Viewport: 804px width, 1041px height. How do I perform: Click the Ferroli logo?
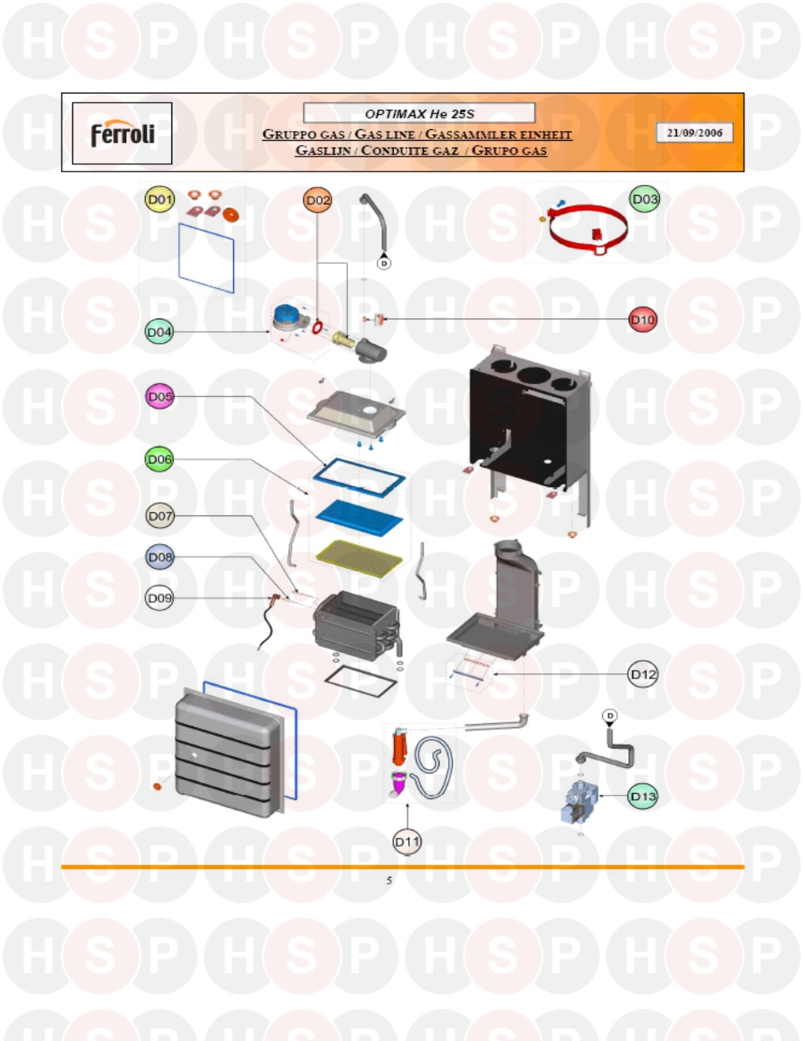click(x=122, y=134)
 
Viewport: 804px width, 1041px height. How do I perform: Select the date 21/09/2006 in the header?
click(x=694, y=132)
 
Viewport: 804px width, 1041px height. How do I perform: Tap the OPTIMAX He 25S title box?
click(x=419, y=114)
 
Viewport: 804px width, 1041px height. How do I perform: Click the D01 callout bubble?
click(x=159, y=200)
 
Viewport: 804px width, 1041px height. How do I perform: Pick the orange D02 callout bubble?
click(x=317, y=200)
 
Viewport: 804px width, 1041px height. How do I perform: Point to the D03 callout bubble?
click(x=644, y=199)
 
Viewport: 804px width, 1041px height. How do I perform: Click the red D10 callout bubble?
click(x=643, y=320)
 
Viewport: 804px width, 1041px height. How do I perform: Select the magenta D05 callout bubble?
click(x=160, y=397)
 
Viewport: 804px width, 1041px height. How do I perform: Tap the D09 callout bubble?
click(x=160, y=597)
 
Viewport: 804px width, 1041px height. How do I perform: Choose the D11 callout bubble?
click(x=407, y=841)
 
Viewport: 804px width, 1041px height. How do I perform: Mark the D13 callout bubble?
click(x=643, y=796)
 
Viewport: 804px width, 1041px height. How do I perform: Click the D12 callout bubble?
click(x=643, y=674)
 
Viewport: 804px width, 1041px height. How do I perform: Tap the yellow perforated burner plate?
click(x=359, y=555)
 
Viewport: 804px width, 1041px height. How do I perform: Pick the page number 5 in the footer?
click(x=389, y=880)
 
